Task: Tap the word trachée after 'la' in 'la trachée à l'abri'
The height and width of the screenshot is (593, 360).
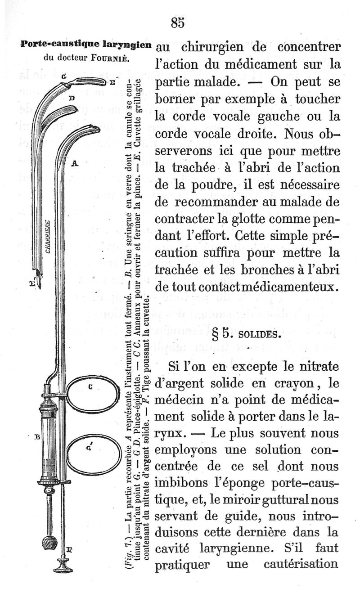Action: pyautogui.click(x=196, y=169)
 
